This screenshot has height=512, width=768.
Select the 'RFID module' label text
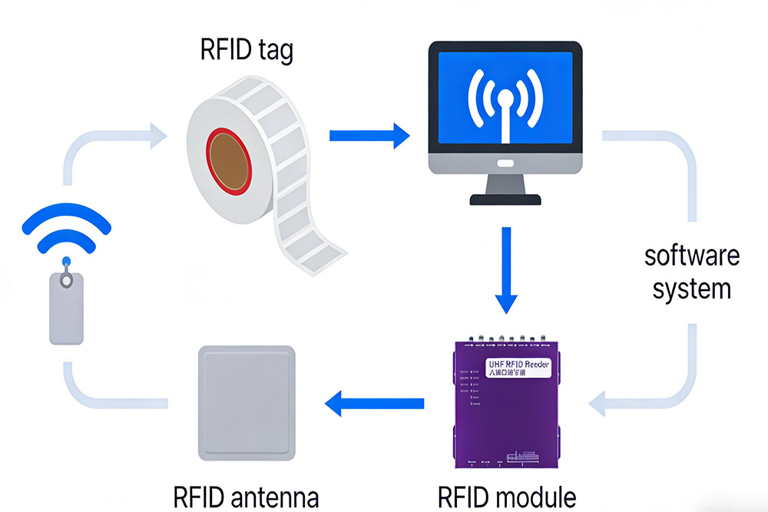[507, 497]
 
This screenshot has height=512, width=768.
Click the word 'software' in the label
[692, 255]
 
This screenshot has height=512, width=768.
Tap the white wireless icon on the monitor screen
[505, 104]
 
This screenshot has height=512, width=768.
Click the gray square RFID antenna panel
[247, 402]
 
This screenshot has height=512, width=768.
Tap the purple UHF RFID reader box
[505, 403]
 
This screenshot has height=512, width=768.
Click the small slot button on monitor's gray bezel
[505, 163]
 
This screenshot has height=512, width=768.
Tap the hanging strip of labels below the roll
[307, 230]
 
